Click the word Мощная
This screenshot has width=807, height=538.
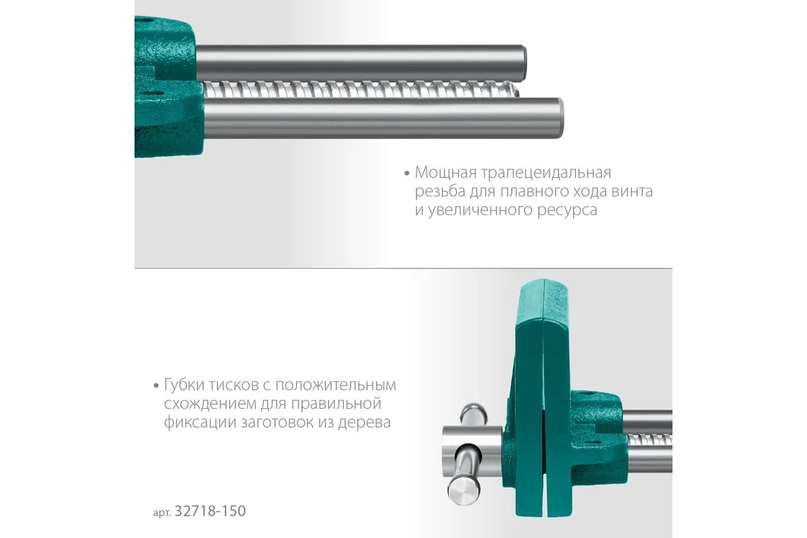(x=446, y=173)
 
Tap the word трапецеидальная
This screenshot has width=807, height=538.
(x=546, y=174)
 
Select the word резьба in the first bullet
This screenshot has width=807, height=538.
(x=440, y=192)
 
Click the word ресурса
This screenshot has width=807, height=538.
(x=567, y=210)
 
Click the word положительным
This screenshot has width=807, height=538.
(x=336, y=385)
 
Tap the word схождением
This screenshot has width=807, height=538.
(x=210, y=404)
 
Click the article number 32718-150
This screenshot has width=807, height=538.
(x=210, y=511)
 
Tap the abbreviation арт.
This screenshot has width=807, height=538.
(x=162, y=512)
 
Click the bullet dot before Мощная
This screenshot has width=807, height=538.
(x=407, y=174)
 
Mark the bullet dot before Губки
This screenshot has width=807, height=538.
(x=156, y=386)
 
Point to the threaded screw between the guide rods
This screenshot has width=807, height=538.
(x=360, y=89)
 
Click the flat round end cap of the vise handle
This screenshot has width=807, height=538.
(x=463, y=490)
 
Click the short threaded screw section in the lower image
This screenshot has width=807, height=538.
(x=650, y=440)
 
